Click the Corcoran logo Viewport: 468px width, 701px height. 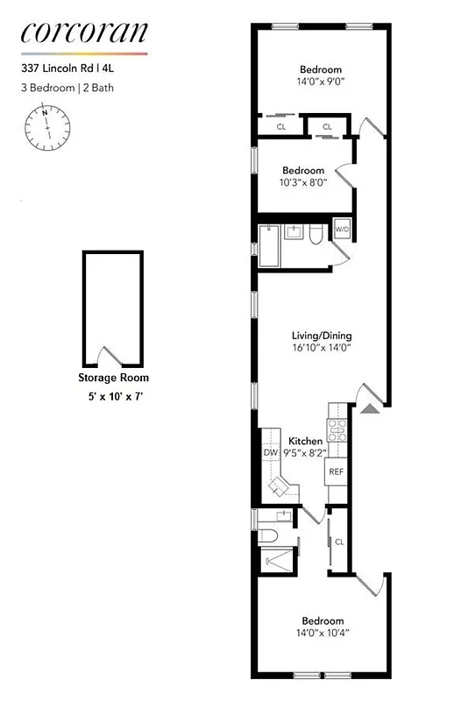pyautogui.click(x=83, y=33)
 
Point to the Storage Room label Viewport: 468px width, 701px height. pyautogui.click(x=113, y=379)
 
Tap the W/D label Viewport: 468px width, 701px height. pyautogui.click(x=342, y=230)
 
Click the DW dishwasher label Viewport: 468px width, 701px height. pyautogui.click(x=270, y=453)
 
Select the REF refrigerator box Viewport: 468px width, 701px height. pyautogui.click(x=337, y=471)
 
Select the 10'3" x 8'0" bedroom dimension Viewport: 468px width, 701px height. pyautogui.click(x=302, y=184)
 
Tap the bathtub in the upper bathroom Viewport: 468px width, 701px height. pyautogui.click(x=269, y=245)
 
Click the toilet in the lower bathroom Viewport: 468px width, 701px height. pyautogui.click(x=269, y=535)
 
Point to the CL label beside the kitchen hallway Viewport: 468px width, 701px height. pyautogui.click(x=339, y=542)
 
